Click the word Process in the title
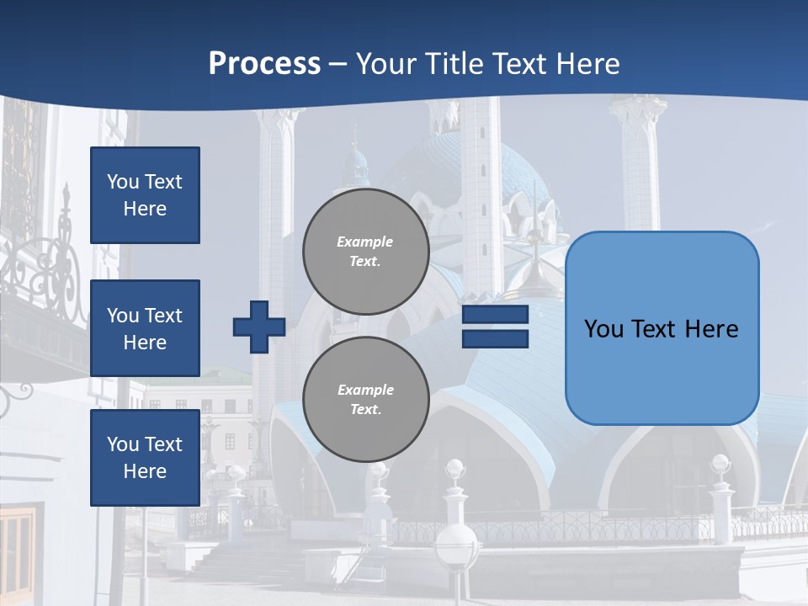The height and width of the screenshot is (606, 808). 264,64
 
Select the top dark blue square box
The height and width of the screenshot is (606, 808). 145,195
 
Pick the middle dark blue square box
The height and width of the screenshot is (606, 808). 145,328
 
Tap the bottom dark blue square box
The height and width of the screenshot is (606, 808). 145,458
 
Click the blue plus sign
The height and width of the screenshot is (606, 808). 259,327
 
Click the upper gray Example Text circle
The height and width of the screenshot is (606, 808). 366,252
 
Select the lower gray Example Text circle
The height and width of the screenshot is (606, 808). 366,400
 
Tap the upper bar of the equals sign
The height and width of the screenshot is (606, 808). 495,315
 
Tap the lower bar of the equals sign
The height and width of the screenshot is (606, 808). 495,338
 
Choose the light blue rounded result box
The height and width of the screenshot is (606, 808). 662,328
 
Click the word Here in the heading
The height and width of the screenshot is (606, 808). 588,64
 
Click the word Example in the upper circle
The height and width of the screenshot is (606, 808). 365,242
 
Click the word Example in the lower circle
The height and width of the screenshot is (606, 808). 365,391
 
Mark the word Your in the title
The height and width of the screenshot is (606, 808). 388,64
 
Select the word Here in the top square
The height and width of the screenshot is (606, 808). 145,209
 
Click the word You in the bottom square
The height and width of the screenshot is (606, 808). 123,444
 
